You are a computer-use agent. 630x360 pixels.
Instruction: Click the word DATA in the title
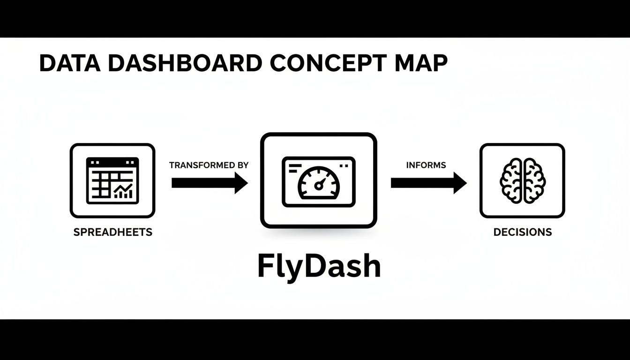[70, 63]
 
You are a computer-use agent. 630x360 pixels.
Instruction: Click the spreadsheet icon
[112, 180]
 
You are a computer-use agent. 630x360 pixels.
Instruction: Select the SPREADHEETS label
[112, 232]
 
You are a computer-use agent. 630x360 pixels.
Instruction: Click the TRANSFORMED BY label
[209, 165]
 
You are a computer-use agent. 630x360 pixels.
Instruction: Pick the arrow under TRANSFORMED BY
[209, 182]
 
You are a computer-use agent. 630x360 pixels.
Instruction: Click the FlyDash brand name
[319, 266]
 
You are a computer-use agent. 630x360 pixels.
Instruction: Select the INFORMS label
[426, 165]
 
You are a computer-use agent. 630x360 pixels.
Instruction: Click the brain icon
[522, 180]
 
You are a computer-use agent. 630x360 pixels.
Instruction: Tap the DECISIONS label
[522, 232]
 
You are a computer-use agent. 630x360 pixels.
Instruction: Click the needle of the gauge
[320, 184]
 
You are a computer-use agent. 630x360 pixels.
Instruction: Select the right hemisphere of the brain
[533, 180]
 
